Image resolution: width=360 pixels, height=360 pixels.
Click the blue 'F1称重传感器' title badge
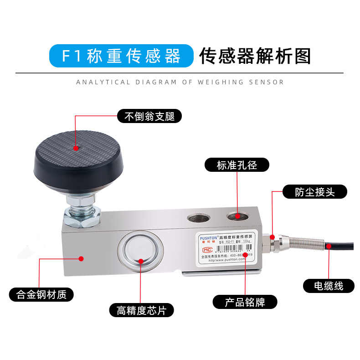pyautogui.click(x=121, y=56)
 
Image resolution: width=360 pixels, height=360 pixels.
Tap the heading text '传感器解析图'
pyautogui.click(x=255, y=56)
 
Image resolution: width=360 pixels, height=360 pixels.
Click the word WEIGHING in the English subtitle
pyautogui.click(x=221, y=82)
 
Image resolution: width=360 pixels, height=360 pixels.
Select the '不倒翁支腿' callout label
pyautogui.click(x=149, y=116)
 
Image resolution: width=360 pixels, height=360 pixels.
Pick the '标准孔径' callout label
pyautogui.click(x=237, y=165)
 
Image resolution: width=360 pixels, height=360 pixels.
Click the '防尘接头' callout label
pyautogui.click(x=314, y=192)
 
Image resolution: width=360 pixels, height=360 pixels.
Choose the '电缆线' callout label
pyautogui.click(x=329, y=286)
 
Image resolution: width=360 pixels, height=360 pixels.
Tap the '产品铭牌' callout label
pyautogui.click(x=245, y=302)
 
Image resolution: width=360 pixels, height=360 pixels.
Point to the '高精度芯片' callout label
pyautogui.click(x=141, y=311)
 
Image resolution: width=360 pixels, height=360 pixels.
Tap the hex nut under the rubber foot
pyautogui.click(x=82, y=214)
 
